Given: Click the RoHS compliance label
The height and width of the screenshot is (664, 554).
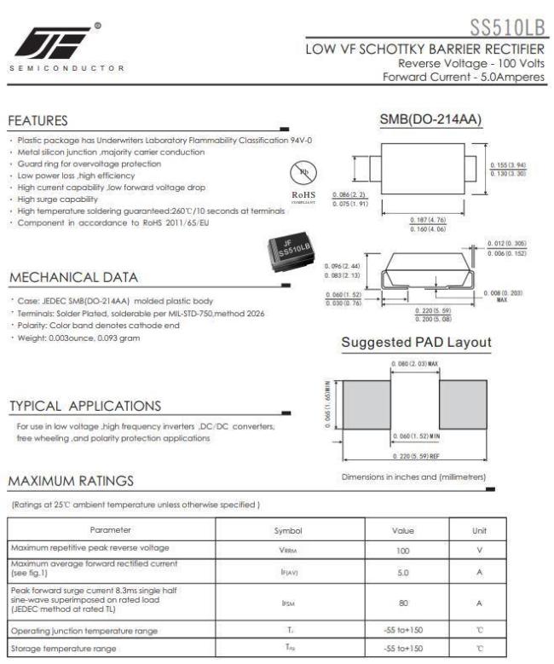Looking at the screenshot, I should (303, 194).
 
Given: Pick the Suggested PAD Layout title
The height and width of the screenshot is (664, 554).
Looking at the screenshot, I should (416, 343).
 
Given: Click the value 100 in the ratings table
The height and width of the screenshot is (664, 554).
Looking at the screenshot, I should (403, 551).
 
